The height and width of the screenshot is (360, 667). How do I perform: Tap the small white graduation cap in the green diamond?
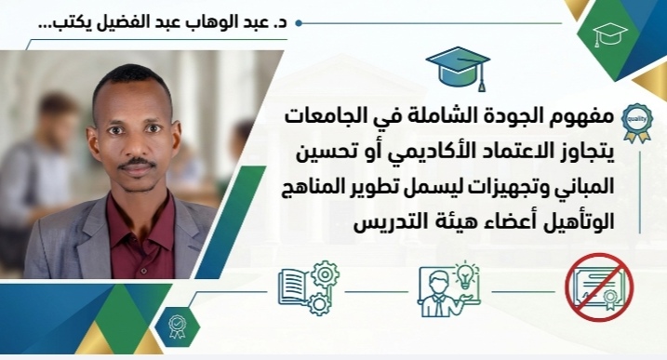[x=609, y=34]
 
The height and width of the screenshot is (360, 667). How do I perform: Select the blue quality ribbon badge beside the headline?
[x=637, y=122]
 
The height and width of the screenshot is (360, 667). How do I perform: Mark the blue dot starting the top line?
[x=299, y=23]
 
